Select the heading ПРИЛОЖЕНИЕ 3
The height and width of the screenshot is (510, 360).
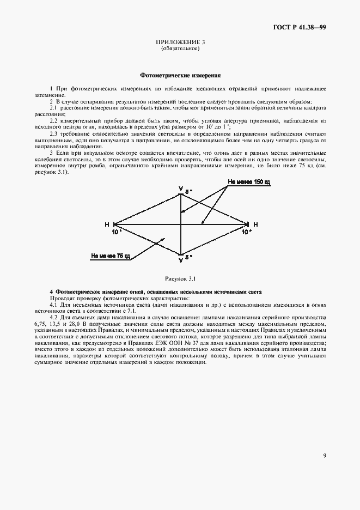180,42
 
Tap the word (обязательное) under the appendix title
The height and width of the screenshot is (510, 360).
180,48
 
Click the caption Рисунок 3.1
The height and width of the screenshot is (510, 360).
180,279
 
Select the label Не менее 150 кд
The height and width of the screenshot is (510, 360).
249,182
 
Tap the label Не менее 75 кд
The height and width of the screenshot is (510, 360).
111,255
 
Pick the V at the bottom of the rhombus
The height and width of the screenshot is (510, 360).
181,259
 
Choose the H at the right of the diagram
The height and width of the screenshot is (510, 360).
255,224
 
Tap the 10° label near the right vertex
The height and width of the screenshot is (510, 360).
246,232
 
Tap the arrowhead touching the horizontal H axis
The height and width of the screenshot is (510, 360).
202,222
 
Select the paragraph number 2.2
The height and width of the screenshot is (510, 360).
54,120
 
